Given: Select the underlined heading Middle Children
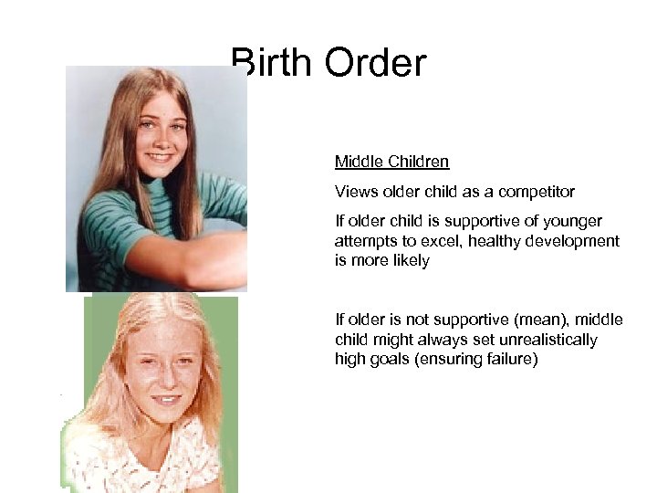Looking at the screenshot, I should [391, 163].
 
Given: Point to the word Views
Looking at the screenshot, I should [355, 192].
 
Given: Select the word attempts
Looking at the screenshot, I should [365, 241].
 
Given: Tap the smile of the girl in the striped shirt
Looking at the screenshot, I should [159, 157].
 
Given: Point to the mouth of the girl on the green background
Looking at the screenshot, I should [165, 399].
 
